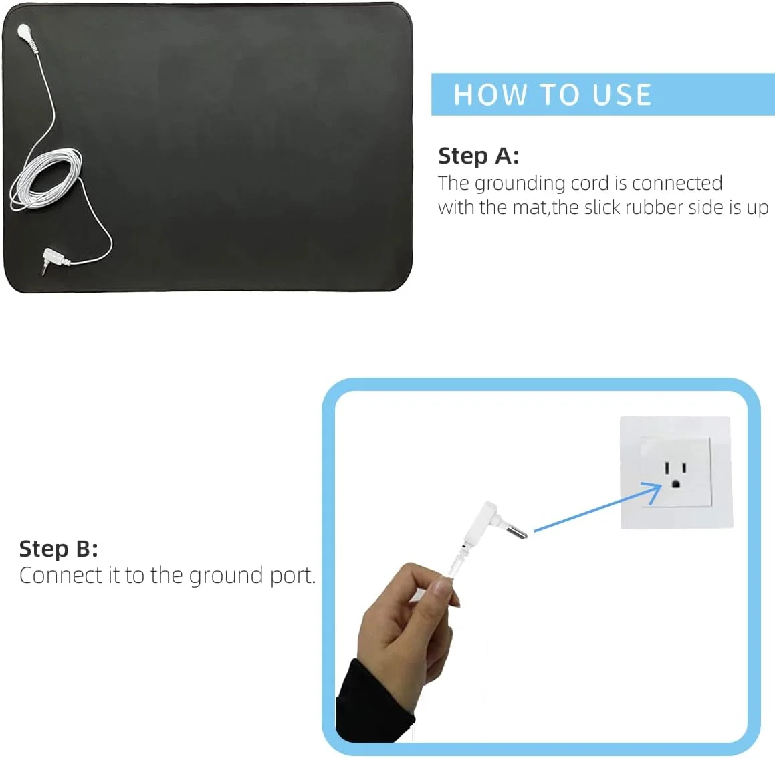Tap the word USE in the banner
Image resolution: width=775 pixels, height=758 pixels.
[x=622, y=94]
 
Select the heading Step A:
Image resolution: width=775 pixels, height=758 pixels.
[x=479, y=156]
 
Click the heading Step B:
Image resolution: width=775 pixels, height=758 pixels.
[x=58, y=549]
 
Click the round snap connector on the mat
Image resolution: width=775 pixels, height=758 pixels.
[x=23, y=31]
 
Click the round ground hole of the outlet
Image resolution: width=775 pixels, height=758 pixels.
[x=675, y=484]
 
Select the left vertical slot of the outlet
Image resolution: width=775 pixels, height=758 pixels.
[x=667, y=467]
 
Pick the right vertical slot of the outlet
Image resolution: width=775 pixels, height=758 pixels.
[x=684, y=467]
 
